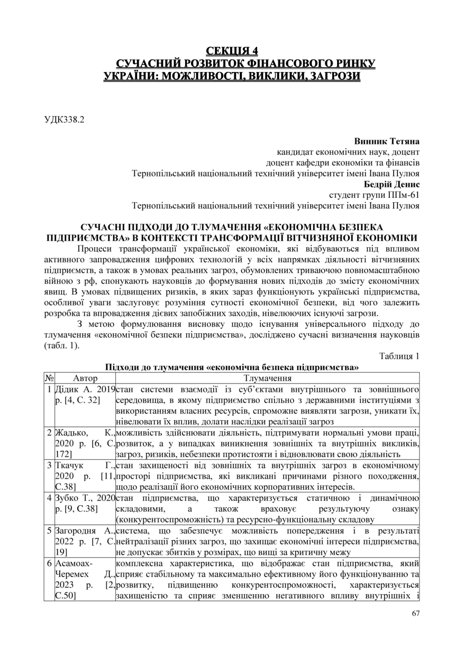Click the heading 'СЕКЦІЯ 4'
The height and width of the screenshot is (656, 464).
(x=232, y=51)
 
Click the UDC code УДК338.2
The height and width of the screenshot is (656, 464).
(x=63, y=120)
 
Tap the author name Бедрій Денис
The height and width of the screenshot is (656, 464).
(x=392, y=184)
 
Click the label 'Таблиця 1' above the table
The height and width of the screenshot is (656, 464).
(x=399, y=356)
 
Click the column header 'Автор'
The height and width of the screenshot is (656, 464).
(x=85, y=378)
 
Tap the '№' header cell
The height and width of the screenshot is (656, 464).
(x=49, y=378)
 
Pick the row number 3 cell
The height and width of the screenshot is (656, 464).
(x=49, y=466)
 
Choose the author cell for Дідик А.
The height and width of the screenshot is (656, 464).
(x=85, y=395)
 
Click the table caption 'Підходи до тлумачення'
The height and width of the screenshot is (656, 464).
(x=232, y=367)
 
